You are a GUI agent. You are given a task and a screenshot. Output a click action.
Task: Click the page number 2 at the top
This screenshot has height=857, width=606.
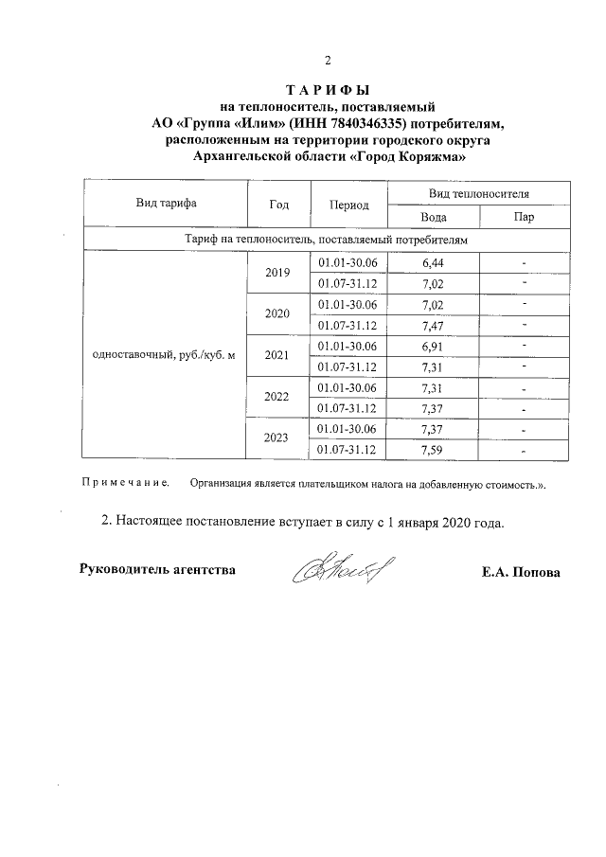[327, 62]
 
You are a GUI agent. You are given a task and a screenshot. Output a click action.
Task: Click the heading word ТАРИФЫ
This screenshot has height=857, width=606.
[327, 90]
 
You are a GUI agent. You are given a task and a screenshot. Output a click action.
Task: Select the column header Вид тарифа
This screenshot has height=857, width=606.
[166, 203]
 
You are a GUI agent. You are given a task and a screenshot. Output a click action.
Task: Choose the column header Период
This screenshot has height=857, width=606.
[349, 205]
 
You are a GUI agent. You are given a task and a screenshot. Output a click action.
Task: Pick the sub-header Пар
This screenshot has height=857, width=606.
[524, 216]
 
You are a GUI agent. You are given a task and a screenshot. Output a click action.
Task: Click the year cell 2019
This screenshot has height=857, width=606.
[278, 273]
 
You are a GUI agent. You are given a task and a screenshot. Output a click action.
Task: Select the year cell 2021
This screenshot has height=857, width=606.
[278, 356]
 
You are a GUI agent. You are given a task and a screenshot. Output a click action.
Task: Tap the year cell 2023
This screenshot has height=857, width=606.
[278, 438]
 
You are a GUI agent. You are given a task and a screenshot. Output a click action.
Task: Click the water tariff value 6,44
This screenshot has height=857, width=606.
[433, 262]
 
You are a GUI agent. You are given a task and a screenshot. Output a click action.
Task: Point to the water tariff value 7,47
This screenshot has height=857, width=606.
[433, 325]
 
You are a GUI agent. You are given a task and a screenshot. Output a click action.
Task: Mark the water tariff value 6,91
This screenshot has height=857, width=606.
[433, 346]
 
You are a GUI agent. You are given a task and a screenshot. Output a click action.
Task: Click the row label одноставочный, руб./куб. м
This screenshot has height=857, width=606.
[161, 356]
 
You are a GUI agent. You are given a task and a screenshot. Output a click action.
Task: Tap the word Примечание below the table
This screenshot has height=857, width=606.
[126, 483]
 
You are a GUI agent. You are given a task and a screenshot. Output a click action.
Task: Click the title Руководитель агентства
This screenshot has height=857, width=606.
[155, 569]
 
